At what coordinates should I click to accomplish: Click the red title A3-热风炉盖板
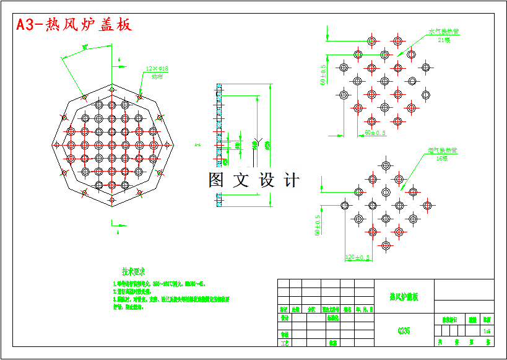tap(74, 25)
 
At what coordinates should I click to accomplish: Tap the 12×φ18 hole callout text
tap(157, 69)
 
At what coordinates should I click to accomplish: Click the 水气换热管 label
tap(448, 31)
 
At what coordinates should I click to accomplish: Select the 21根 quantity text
tap(444, 40)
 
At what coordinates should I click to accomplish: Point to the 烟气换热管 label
tap(442, 151)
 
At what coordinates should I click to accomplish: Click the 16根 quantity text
tap(441, 159)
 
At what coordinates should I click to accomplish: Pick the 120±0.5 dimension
tap(357, 257)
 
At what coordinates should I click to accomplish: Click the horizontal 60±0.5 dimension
tap(375, 133)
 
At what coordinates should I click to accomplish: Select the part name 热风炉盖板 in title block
tap(404, 297)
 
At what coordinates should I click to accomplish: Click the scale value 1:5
tap(487, 331)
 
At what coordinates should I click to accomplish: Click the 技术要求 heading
tap(133, 271)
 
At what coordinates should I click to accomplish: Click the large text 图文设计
tap(254, 181)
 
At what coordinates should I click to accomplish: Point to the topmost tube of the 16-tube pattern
tap(386, 165)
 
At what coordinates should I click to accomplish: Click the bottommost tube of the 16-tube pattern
tap(386, 245)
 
